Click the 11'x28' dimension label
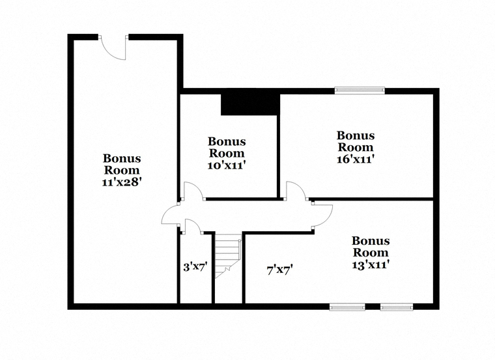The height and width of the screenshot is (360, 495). [x=121, y=182]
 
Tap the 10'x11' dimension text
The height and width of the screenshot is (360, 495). [x=227, y=165]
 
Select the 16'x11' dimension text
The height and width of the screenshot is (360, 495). [x=356, y=159]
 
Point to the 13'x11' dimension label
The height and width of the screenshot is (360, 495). [x=371, y=265]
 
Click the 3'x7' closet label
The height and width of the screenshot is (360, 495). [x=195, y=268]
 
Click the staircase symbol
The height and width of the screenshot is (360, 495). [x=228, y=256]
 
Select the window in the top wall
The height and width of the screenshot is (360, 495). [x=360, y=91]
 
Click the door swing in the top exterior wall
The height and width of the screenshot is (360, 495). [x=113, y=48]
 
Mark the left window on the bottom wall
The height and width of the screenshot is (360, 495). [x=347, y=307]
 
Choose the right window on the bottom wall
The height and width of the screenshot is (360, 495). [x=397, y=307]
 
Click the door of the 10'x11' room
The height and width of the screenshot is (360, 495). [x=193, y=191]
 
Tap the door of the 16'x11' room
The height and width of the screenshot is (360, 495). [x=296, y=191]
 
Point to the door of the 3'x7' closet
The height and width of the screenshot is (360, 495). [x=193, y=227]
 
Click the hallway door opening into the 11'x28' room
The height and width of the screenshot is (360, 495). [x=171, y=214]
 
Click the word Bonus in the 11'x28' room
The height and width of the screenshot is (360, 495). [x=122, y=158]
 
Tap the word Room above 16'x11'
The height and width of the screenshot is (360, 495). [x=356, y=147]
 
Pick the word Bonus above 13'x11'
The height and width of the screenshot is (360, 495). [x=371, y=241]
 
